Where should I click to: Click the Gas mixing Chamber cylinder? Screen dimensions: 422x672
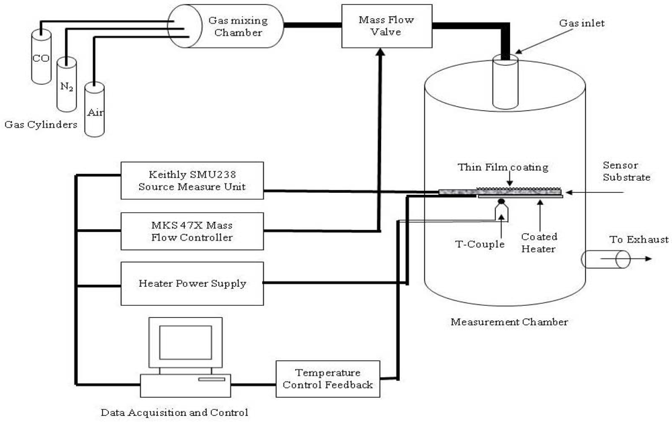[x=222, y=26]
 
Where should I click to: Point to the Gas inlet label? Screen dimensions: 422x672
[x=582, y=24]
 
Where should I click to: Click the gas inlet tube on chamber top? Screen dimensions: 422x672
[x=504, y=77]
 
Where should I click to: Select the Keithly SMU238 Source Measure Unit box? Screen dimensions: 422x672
[x=192, y=180]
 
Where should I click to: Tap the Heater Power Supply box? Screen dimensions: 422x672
[x=192, y=283]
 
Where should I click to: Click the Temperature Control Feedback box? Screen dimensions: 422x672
[x=328, y=378]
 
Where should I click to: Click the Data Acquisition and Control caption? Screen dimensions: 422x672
[x=174, y=412]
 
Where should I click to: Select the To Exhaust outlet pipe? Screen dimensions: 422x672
[x=605, y=259]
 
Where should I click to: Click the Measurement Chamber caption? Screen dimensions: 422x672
[x=509, y=322]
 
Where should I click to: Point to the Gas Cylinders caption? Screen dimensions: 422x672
[x=40, y=124]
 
